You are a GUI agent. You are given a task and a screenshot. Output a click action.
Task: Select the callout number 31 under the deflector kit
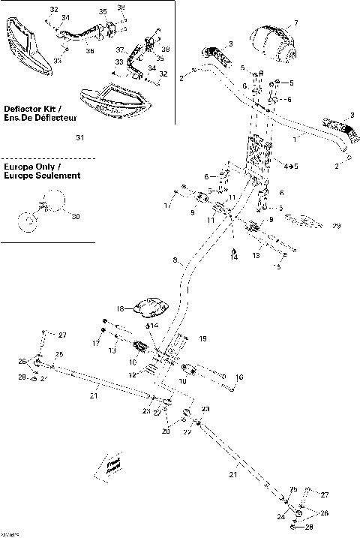coord(80,137)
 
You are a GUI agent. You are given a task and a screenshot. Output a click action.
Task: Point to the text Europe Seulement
coord(41,176)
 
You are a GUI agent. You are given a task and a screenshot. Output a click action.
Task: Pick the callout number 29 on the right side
coord(337,226)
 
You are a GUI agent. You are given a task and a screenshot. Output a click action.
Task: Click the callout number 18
coord(119,308)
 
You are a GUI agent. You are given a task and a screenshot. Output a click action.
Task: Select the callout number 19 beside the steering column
coord(202,340)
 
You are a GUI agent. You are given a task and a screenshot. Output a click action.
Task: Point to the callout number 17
coord(95,344)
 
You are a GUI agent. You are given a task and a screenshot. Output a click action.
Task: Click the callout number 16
coord(239,377)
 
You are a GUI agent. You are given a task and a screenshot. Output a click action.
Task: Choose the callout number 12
coord(132,374)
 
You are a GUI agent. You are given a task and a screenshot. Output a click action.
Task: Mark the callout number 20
coord(166,432)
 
